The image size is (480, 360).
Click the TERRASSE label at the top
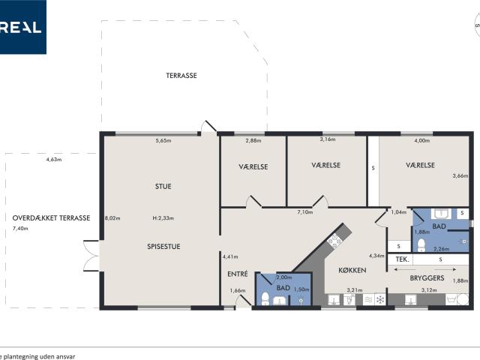pyautogui.click(x=181, y=76)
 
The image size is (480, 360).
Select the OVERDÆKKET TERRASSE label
pyautogui.click(x=51, y=218)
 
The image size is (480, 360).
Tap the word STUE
pyautogui.click(x=163, y=187)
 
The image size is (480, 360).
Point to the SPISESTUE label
pyautogui.click(x=163, y=246)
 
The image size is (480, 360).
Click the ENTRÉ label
pyautogui.click(x=237, y=274)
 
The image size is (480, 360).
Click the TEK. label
pyautogui.click(x=402, y=259)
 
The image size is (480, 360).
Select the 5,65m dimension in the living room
pyautogui.click(x=163, y=140)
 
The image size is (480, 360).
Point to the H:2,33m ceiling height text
pyautogui.click(x=163, y=218)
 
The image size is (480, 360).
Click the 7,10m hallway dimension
pyautogui.click(x=304, y=212)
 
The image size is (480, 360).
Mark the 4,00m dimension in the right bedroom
pyautogui.click(x=422, y=140)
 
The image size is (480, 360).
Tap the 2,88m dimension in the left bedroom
pyautogui.click(x=253, y=140)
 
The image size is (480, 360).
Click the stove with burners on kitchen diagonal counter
pyautogui.click(x=333, y=241)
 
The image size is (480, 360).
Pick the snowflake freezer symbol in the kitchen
pyautogui.click(x=380, y=300)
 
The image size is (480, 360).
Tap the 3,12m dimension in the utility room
pyautogui.click(x=428, y=290)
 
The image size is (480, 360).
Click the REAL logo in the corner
pyautogui.click(x=22, y=27)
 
